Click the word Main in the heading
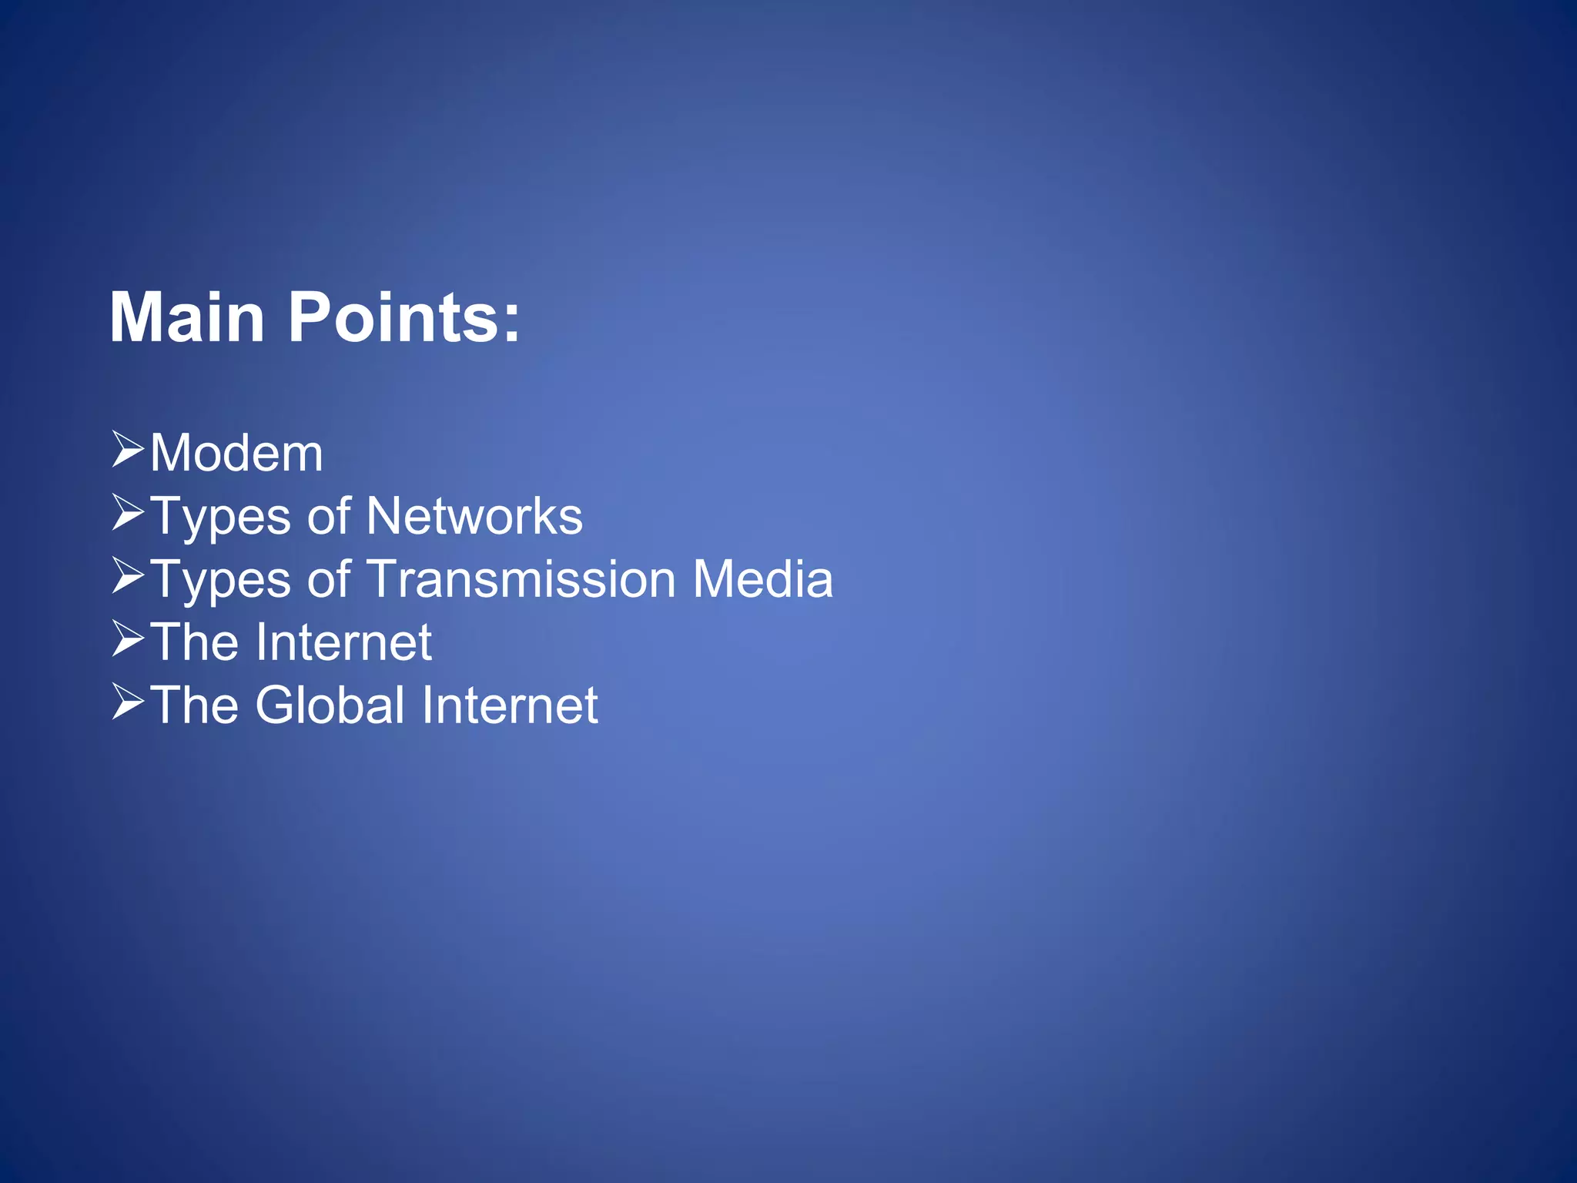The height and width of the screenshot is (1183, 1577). (x=187, y=317)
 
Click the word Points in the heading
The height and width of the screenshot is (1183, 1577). (x=394, y=317)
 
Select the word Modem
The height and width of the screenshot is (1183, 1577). (x=236, y=453)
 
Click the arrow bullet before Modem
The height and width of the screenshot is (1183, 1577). (x=128, y=450)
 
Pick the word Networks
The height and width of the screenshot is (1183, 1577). (x=474, y=516)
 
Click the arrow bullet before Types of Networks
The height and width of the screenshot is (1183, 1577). (x=128, y=513)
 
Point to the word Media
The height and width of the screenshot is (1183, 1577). (x=762, y=579)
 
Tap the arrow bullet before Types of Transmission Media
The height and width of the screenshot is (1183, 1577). (x=128, y=576)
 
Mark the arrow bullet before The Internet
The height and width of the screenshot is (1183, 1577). (x=128, y=639)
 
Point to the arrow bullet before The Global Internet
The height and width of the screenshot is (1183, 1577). (x=128, y=702)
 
